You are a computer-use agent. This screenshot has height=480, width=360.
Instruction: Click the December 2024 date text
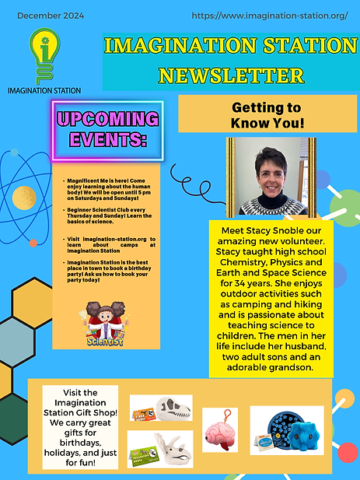45,16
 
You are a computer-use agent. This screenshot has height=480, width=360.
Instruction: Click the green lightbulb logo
43,57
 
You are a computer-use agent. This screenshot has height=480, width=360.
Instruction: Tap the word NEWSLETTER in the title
230,75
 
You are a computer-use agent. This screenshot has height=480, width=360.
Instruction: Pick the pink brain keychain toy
222,433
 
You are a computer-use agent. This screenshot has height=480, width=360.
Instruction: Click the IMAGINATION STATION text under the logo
44,90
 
